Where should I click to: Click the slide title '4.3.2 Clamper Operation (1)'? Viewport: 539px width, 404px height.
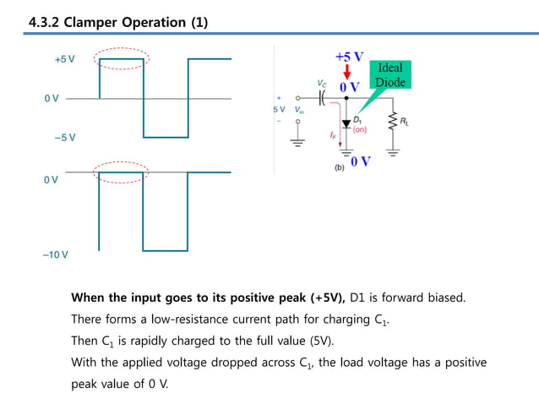[117, 20]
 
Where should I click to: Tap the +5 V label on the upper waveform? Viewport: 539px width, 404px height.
[64, 60]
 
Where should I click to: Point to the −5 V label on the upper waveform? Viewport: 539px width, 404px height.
[64, 137]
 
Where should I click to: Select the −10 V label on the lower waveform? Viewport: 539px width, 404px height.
[56, 254]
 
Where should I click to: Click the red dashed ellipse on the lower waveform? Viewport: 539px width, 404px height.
[121, 171]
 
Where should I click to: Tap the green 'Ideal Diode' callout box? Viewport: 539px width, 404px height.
[390, 75]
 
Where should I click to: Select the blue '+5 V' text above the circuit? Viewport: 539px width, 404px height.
[349, 57]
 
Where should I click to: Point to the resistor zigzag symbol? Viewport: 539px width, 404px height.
[391, 123]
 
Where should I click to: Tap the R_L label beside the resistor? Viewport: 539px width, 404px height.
[406, 123]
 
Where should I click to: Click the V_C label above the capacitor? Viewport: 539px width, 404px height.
[322, 84]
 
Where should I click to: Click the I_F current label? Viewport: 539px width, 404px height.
[333, 134]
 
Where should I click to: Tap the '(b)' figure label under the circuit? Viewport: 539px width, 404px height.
[340, 169]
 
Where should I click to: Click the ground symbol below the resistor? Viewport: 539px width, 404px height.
[392, 152]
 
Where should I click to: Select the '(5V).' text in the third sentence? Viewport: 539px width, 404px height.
[318, 341]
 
